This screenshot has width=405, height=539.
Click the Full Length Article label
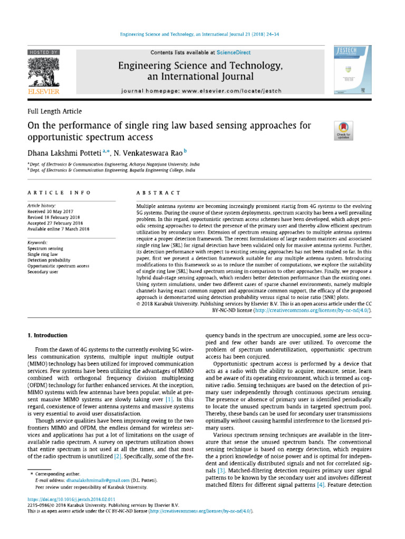coord(54,111)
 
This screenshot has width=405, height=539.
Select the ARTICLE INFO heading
coord(59,193)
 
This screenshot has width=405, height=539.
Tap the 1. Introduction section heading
coord(47,335)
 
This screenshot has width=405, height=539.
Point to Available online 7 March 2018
coord(58,229)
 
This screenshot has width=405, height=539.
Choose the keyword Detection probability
coord(49,260)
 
